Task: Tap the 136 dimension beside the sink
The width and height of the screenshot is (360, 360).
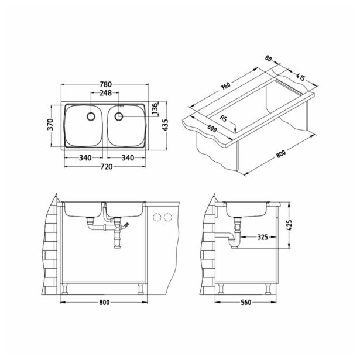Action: point(155,109)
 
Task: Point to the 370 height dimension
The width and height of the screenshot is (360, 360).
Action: point(51,125)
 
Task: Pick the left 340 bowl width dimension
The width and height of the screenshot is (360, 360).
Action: point(84,157)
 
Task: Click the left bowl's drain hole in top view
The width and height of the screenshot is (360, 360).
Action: point(90,116)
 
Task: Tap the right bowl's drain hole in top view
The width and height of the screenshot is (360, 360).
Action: point(119,116)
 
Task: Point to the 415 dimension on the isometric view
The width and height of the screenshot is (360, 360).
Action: point(302,76)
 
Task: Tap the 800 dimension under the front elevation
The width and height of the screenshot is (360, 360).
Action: point(105,303)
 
